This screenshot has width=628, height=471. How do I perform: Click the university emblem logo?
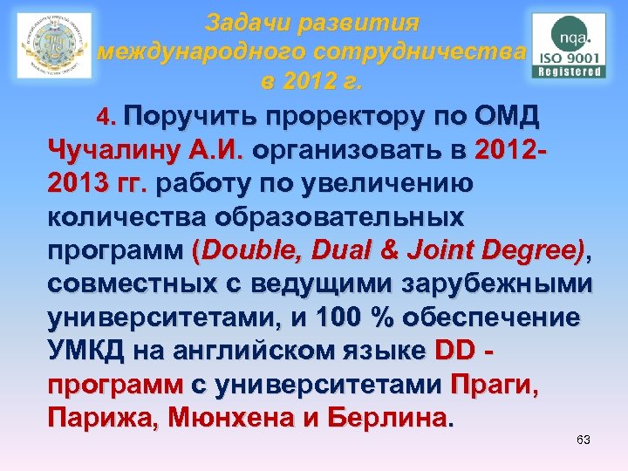54,45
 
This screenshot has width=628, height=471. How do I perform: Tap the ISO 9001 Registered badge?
569,45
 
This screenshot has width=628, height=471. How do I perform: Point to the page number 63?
584,440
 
